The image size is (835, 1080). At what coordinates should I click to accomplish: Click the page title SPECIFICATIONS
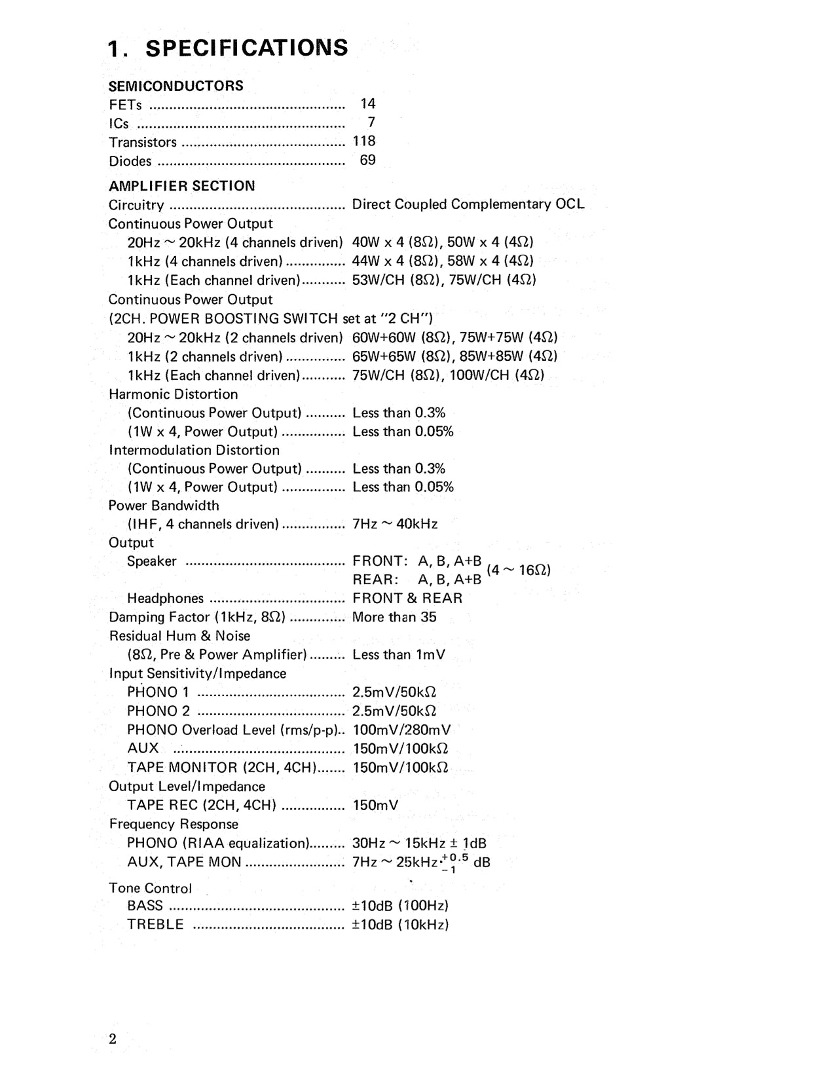[246, 48]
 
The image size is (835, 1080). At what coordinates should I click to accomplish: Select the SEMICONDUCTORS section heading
[176, 86]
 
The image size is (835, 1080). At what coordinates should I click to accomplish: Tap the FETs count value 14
[368, 103]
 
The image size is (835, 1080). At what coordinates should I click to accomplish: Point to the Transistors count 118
[364, 141]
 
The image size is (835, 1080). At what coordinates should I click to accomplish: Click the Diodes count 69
[367, 160]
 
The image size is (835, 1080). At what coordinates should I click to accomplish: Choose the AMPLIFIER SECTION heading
[181, 186]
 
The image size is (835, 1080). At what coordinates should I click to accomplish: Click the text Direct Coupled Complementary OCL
[468, 204]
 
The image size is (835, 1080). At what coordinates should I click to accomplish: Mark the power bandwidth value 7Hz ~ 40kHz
[395, 524]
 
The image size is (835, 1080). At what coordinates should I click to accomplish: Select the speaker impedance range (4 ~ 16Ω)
[518, 570]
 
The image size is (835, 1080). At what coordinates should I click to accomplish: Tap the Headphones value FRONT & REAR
[407, 598]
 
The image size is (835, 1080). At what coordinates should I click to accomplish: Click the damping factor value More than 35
[394, 617]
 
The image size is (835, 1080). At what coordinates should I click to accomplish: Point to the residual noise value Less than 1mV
[398, 654]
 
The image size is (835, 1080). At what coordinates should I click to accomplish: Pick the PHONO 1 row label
[158, 692]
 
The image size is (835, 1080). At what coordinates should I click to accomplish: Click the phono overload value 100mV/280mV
[401, 730]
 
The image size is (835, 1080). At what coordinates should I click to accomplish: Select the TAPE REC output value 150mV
[375, 805]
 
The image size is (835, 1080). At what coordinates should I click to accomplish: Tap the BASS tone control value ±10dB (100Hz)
[400, 906]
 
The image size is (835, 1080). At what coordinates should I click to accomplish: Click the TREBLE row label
[155, 925]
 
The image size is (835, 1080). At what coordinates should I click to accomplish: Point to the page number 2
[113, 1039]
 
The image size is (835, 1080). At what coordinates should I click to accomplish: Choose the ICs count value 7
[371, 122]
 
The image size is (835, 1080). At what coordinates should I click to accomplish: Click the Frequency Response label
[174, 824]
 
